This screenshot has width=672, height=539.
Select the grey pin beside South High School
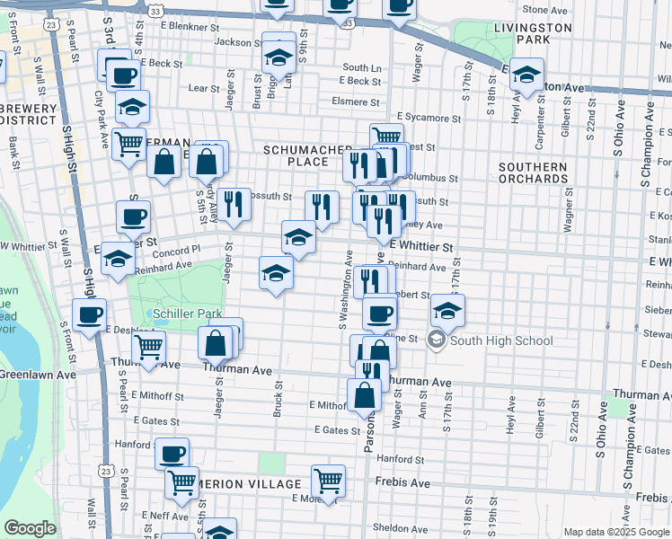point(436,340)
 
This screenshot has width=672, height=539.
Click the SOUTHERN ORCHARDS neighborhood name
point(535,172)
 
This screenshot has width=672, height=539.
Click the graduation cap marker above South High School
point(447,310)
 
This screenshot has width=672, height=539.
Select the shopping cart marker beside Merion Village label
point(329,481)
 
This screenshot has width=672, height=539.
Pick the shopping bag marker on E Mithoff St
point(364,395)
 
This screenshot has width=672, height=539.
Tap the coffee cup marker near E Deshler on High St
point(90,315)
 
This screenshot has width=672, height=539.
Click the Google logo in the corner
point(30,528)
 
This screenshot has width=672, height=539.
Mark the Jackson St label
point(233,41)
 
